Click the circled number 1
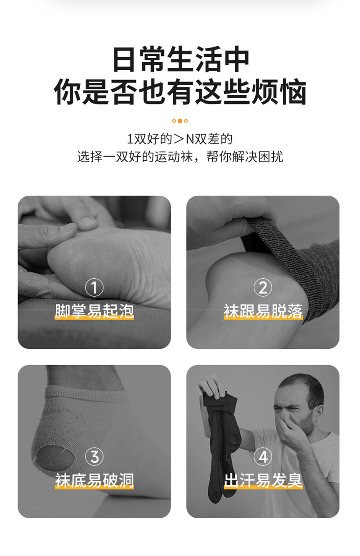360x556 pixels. coord(94,287)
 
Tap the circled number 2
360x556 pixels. coord(263,287)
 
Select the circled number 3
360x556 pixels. coord(94,457)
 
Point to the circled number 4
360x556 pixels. coord(263,457)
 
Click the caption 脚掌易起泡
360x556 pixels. coord(94,311)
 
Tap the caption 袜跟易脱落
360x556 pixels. coord(263,311)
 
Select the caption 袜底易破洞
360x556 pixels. coord(94,480)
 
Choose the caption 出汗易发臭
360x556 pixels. coord(263,480)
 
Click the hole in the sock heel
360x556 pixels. coord(55,458)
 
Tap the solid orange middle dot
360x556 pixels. coord(180,121)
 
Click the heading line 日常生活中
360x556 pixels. coord(180,59)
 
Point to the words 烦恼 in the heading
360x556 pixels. coord(279,91)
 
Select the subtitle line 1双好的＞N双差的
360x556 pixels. coord(180,139)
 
